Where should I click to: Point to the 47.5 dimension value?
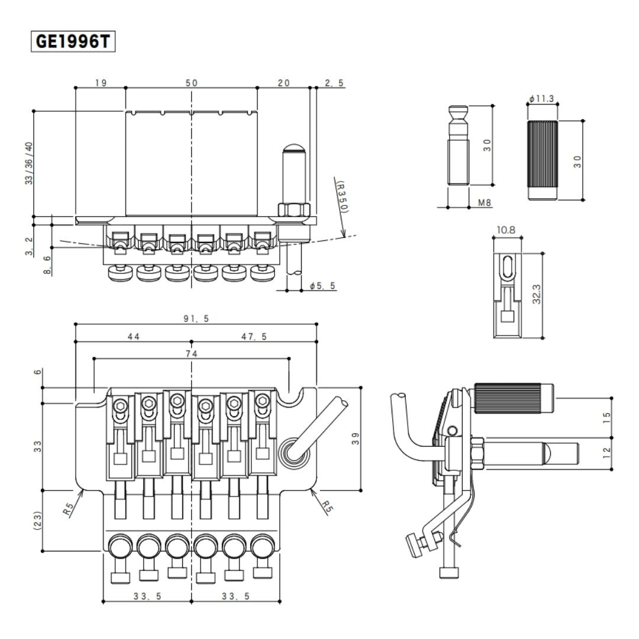coord(254,336)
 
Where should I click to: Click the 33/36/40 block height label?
coord(29,163)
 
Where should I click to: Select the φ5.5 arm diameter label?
coord(322,286)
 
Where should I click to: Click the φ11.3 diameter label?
coord(541,99)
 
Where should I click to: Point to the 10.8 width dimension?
coord(507,230)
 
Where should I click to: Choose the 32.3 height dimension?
coord(537,294)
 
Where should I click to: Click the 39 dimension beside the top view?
coord(355,438)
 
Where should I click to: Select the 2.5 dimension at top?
coord(334,83)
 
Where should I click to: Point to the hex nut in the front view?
coord(292,210)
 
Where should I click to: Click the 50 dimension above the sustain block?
coord(191,83)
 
